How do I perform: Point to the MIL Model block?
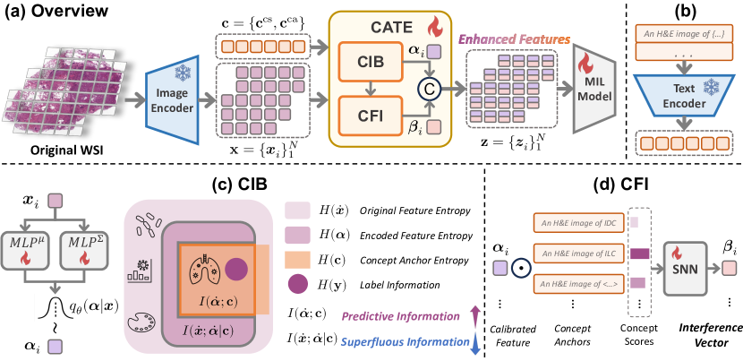pyautogui.click(x=594, y=88)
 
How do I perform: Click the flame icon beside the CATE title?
pyautogui.click(x=434, y=27)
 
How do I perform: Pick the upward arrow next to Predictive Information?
pyautogui.click(x=475, y=315)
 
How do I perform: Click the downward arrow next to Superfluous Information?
pyautogui.click(x=475, y=342)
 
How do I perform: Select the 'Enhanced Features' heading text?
pyautogui.click(x=515, y=39)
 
